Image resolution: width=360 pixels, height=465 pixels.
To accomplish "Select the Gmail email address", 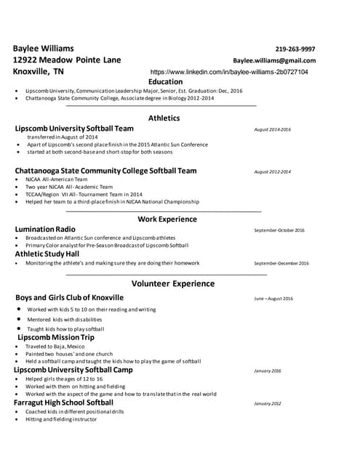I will pyautogui.click(x=274, y=60).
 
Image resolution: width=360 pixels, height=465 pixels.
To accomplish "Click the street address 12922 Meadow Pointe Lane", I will pyautogui.click(x=67, y=60).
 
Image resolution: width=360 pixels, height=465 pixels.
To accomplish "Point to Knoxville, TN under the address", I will pyautogui.click(x=39, y=73).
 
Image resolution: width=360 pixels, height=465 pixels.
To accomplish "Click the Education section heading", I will pyautogui.click(x=165, y=82).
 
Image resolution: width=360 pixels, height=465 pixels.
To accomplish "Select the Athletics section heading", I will pyautogui.click(x=164, y=118).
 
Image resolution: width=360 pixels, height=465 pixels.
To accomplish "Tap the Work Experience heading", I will pyautogui.click(x=167, y=219).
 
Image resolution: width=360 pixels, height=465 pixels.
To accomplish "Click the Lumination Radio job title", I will pyautogui.click(x=45, y=230).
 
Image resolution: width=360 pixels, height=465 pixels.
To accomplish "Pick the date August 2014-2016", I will pyautogui.click(x=272, y=129).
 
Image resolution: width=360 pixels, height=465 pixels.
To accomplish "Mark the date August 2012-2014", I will pyautogui.click(x=272, y=172).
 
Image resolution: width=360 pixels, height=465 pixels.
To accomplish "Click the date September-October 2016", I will pyautogui.click(x=279, y=230).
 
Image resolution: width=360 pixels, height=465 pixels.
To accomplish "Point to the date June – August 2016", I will pyautogui.click(x=273, y=299).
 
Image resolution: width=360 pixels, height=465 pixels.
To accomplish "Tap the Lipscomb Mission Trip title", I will pyautogui.click(x=56, y=338).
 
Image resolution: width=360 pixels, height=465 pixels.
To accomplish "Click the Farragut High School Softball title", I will pyautogui.click(x=64, y=403).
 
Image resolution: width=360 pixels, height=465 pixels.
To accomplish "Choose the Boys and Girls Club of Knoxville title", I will pyautogui.click(x=69, y=298).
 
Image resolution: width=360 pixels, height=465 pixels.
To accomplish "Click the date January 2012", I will pyautogui.click(x=267, y=403).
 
